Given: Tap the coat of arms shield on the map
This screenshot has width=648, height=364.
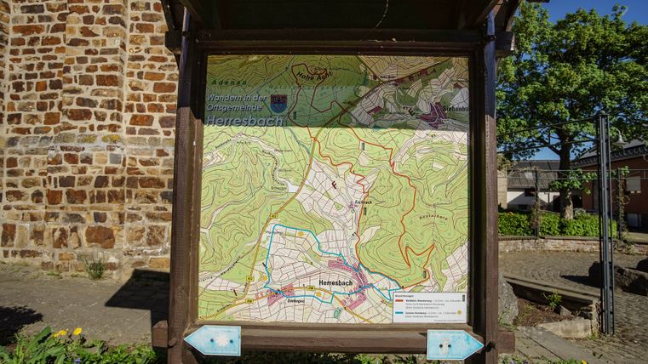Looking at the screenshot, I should (x=278, y=103).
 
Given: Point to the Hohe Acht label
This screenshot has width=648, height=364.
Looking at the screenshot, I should (x=313, y=76).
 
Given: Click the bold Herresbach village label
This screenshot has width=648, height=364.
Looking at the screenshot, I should (x=335, y=282).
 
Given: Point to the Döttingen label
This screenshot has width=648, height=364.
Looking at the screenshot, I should (x=296, y=300).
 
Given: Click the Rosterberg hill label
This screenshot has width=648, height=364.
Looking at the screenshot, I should (x=433, y=216).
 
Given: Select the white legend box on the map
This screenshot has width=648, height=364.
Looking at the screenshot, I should (x=429, y=308).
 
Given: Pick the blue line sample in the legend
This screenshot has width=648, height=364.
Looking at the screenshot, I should (x=400, y=312).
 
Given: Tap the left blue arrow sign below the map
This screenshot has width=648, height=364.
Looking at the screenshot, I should (x=213, y=340).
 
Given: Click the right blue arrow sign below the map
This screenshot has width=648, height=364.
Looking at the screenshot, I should (x=454, y=344).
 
